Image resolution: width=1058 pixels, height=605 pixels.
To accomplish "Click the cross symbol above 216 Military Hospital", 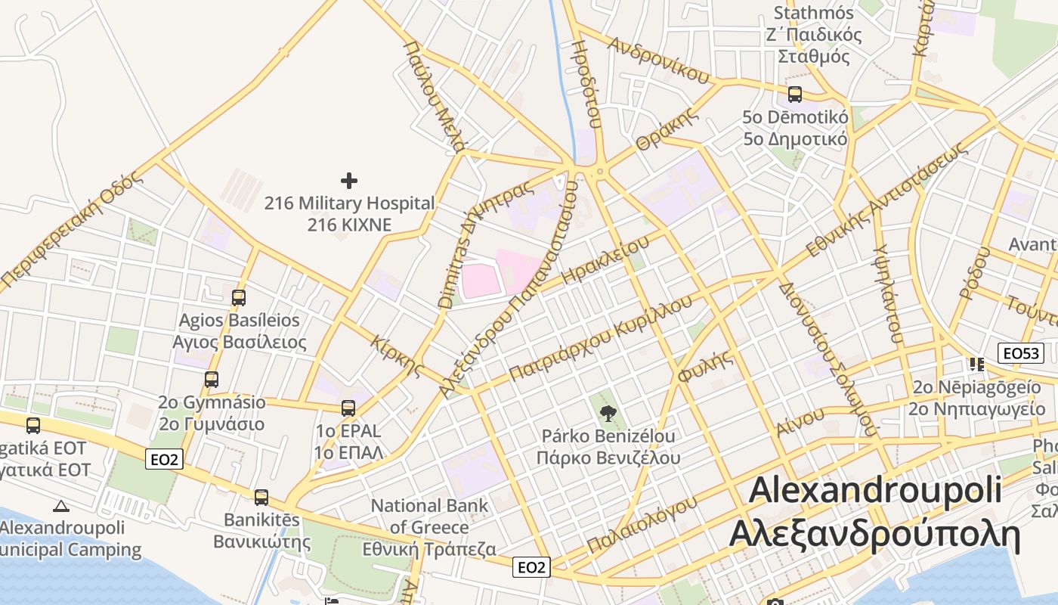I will (349, 180).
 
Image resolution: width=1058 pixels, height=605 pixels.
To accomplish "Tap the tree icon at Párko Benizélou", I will (607, 413).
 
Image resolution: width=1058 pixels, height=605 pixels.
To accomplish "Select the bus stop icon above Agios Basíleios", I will (239, 298).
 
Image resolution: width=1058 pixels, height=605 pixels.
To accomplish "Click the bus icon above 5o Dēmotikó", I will (795, 95).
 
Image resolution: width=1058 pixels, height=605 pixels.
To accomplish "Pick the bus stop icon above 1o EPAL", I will (348, 408).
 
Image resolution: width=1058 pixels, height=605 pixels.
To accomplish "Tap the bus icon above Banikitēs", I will (261, 498).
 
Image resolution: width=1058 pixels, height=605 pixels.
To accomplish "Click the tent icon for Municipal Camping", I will (61, 506).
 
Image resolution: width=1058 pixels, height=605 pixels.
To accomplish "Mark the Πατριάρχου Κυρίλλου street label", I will (601, 337).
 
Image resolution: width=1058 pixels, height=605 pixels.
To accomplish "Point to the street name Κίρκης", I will (397, 356).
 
